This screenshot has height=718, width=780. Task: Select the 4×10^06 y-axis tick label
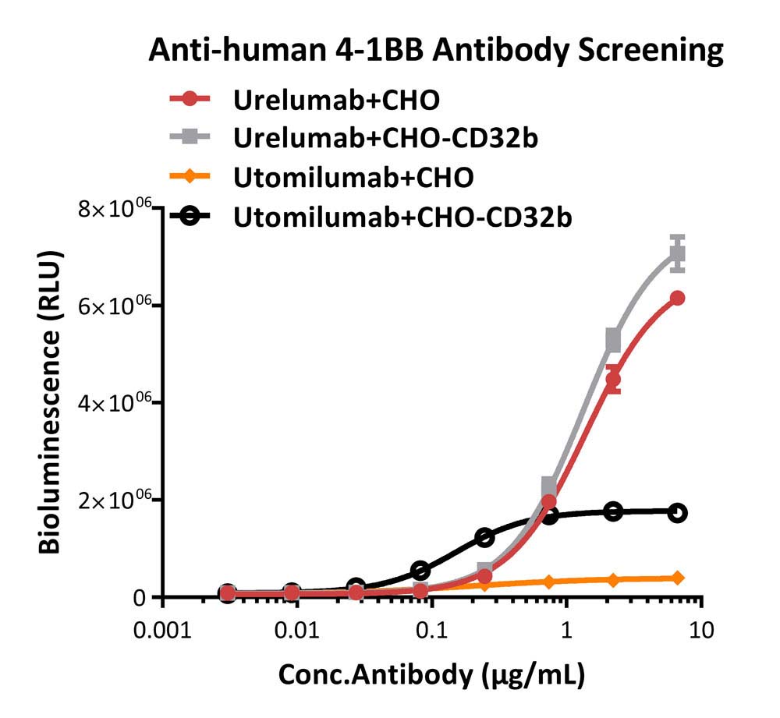click(115, 403)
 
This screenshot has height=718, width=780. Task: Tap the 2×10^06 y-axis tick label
click(115, 500)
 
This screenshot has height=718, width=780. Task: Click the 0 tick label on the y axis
click(140, 598)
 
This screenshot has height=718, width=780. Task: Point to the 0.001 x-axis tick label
click(163, 631)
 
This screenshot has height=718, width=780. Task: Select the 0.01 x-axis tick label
click(297, 631)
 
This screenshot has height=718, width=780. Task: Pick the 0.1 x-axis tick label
click(432, 631)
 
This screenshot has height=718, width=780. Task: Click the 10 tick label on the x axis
click(701, 631)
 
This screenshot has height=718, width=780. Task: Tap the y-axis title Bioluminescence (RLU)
click(50, 401)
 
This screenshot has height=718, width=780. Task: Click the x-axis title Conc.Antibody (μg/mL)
click(431, 676)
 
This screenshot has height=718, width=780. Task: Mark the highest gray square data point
click(677, 253)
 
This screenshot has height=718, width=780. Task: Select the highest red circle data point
click(677, 299)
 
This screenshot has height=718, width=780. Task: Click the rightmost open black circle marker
click(677, 513)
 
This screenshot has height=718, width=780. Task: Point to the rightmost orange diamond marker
click(677, 578)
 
